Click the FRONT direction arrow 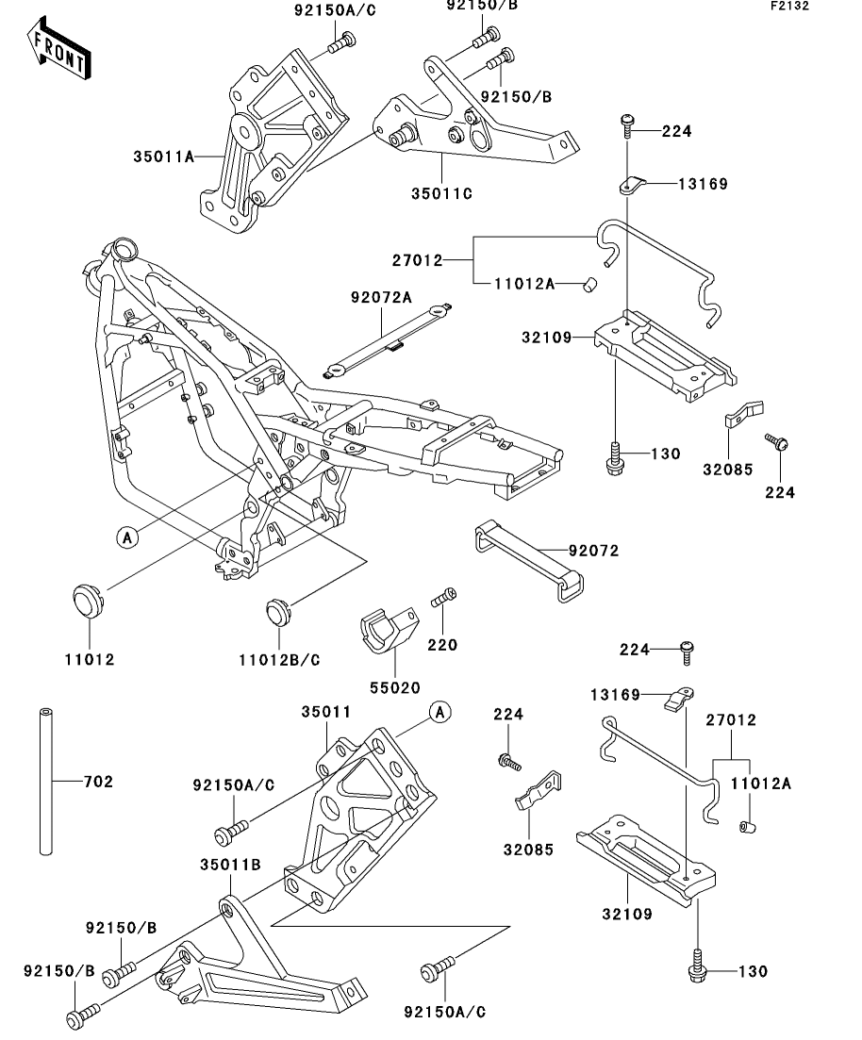point(59,49)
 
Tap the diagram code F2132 point(789,6)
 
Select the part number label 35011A point(164,157)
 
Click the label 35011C point(441,193)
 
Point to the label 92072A point(382,297)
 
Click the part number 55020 point(395,687)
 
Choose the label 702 point(98,782)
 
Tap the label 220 point(442,645)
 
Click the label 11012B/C point(279,660)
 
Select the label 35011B point(230,865)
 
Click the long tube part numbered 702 point(46,782)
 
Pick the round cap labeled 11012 point(85,600)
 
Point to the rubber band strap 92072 point(529,560)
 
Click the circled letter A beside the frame point(127,537)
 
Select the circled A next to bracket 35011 point(439,712)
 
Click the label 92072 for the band point(593,551)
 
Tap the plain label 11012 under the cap point(90,659)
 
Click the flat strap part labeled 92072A point(389,341)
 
